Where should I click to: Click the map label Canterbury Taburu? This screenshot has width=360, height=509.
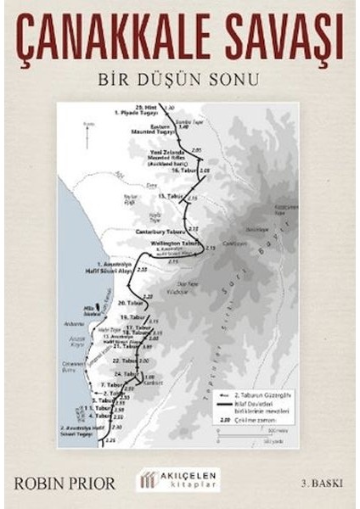(x=158, y=231)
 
